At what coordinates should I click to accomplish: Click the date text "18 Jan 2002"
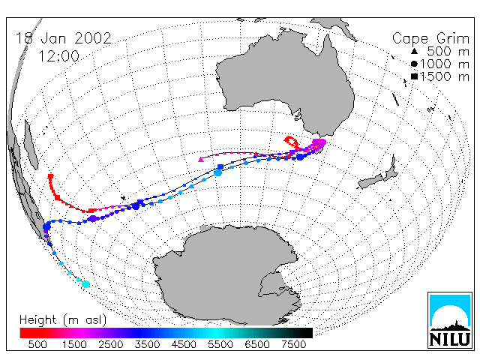click(x=63, y=38)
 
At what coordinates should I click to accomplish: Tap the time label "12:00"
click(x=58, y=56)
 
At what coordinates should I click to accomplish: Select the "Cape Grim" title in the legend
click(x=430, y=39)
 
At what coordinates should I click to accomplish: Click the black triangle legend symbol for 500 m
click(x=414, y=51)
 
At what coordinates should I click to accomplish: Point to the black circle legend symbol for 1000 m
click(x=414, y=64)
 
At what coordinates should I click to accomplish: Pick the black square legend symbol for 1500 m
click(x=414, y=76)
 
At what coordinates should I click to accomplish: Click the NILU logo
click(x=450, y=320)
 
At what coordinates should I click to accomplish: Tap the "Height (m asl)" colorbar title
click(x=63, y=320)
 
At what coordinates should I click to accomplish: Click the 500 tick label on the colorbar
click(x=37, y=344)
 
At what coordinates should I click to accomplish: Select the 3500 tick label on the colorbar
click(x=147, y=344)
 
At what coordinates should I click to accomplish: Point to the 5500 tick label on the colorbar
click(x=220, y=344)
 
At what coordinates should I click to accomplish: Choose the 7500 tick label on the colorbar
click(x=293, y=344)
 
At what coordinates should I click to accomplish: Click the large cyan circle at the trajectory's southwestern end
click(x=86, y=284)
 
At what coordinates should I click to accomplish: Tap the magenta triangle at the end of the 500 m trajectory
click(x=201, y=159)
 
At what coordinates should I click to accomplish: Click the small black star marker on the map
click(x=123, y=198)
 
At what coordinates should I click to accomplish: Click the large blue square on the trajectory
click(x=220, y=166)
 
